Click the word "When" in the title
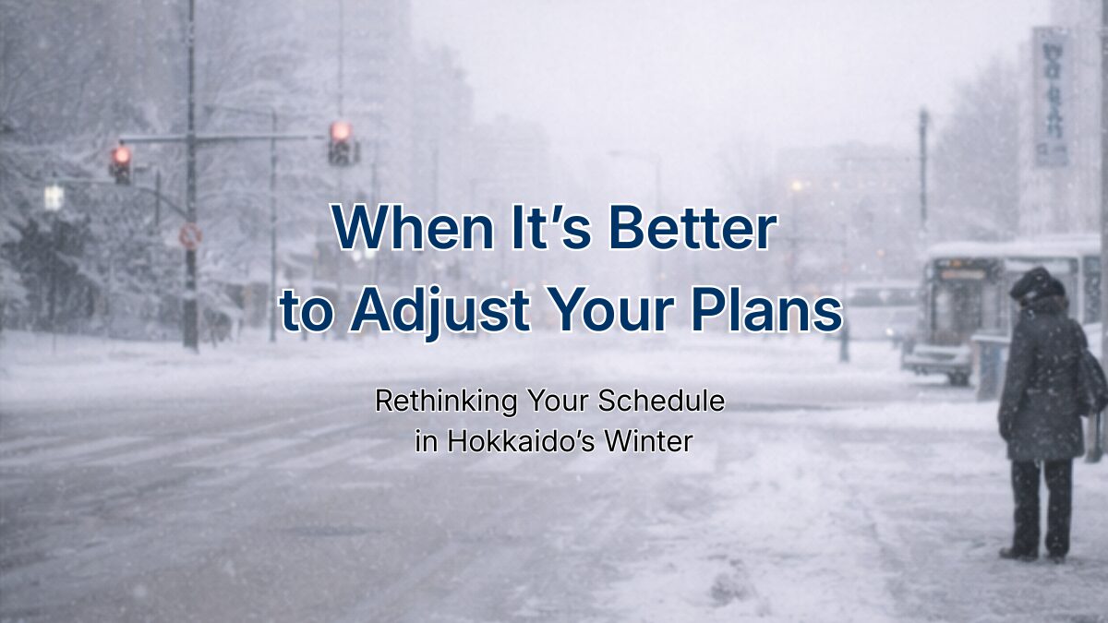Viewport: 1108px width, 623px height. pyautogui.click(x=413, y=227)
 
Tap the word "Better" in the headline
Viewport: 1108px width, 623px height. pyautogui.click(x=693, y=227)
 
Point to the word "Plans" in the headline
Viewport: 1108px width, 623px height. pyautogui.click(x=766, y=309)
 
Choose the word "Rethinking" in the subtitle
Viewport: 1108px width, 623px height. pyautogui.click(x=446, y=401)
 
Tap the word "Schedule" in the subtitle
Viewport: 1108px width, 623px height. pyautogui.click(x=661, y=401)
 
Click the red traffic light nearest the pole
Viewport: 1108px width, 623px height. pyautogui.click(x=121, y=164)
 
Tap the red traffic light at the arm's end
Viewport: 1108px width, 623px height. pyautogui.click(x=342, y=143)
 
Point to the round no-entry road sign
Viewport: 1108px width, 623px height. pyautogui.click(x=190, y=236)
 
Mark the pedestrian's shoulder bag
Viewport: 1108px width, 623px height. pyautogui.click(x=1092, y=378)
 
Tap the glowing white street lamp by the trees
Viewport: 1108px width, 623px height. pyautogui.click(x=54, y=198)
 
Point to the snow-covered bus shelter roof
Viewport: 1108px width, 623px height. pyautogui.click(x=1014, y=248)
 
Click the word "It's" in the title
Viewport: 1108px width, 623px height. pyautogui.click(x=551, y=227)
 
